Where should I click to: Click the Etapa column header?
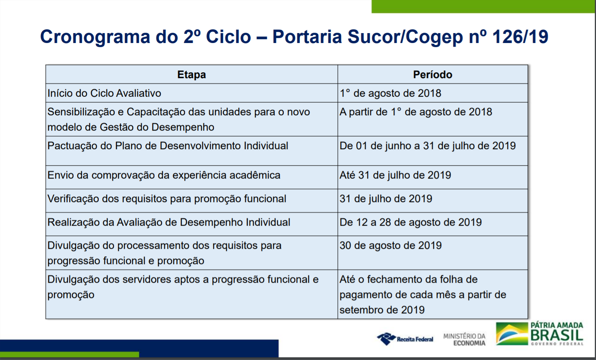(192, 74)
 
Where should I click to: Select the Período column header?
(432, 74)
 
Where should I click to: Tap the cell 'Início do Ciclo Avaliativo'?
(104, 93)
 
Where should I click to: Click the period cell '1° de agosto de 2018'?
(390, 93)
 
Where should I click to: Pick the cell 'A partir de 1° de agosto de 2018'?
(416, 112)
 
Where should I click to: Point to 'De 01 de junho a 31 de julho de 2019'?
(427, 146)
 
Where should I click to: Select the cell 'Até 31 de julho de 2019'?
(395, 175)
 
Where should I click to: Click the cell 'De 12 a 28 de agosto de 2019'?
(411, 222)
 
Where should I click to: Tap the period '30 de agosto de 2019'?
(391, 246)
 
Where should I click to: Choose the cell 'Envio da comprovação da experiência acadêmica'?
(164, 175)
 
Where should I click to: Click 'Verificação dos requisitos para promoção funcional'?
(167, 199)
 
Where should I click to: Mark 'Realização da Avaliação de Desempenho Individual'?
(169, 222)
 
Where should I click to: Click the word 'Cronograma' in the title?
(95, 37)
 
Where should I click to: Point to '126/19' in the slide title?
(520, 36)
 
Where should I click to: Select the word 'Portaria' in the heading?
(307, 36)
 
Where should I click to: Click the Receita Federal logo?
(405, 339)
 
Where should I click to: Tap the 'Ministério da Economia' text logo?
(464, 339)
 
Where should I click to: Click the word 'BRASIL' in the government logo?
(557, 335)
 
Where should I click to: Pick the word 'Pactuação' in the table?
(72, 146)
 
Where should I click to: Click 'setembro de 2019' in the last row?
(382, 310)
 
